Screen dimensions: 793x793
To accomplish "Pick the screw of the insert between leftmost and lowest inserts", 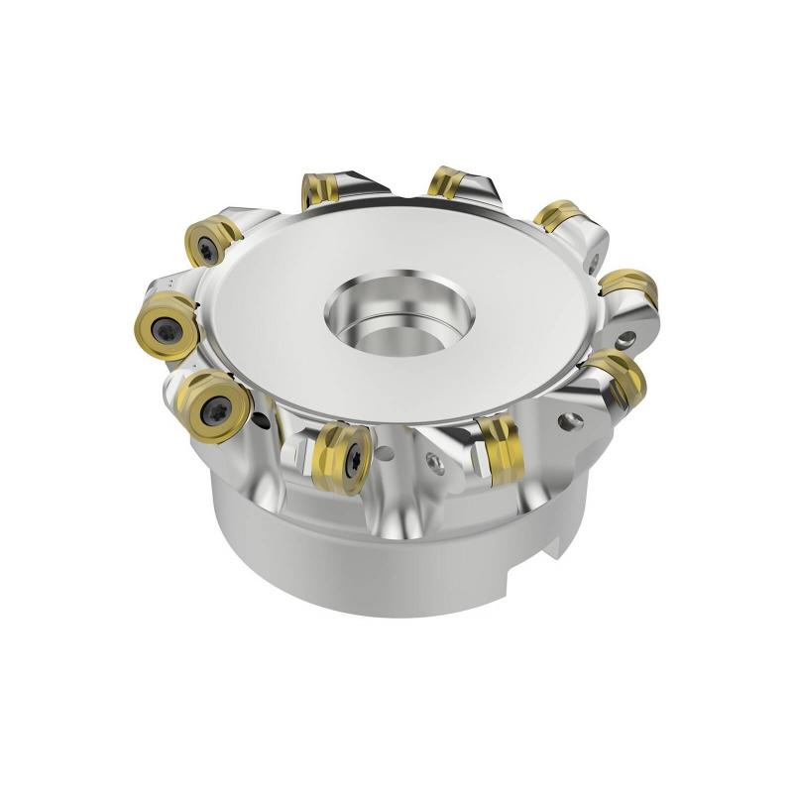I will pos(215,405).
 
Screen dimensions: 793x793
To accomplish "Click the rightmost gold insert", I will pos(628,287).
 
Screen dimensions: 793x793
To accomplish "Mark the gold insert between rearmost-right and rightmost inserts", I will pos(561,215).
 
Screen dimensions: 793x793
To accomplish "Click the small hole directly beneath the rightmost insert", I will pos(623,341).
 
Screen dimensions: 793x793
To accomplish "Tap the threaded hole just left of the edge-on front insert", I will pos(433,459).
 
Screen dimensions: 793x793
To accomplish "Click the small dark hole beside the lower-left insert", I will pos(260,420).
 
